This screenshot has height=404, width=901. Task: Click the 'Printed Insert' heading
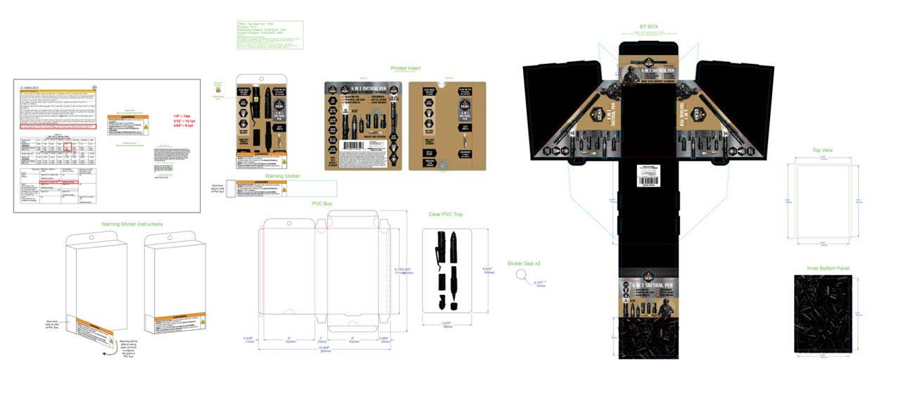(405, 68)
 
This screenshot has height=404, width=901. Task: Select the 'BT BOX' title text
(648, 27)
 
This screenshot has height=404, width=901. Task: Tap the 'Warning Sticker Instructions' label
(132, 224)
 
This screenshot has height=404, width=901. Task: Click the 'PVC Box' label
(322, 203)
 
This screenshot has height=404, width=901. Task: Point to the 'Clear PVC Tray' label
(446, 214)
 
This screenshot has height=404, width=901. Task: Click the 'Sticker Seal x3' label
(523, 263)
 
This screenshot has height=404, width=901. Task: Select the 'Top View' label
(822, 151)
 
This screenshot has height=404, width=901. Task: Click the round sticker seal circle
(522, 275)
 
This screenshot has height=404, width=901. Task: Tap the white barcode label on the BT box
(648, 174)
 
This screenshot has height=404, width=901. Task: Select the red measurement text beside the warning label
(182, 120)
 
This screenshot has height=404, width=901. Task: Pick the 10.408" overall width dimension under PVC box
(326, 348)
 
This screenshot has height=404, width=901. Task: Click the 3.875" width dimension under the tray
(447, 324)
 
